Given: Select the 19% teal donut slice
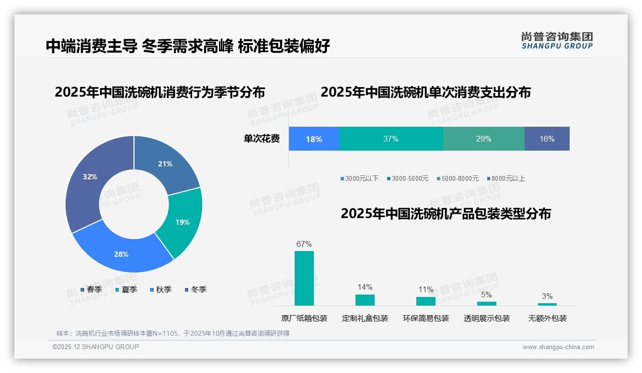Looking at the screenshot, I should coord(182,222).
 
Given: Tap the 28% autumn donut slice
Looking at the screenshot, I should coord(121,254).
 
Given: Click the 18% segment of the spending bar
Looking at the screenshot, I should coord(314,139).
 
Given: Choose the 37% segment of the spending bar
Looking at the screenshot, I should coord(391,139).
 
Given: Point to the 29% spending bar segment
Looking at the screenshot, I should coord(483,139).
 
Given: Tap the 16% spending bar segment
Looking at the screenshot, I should coord(547,139).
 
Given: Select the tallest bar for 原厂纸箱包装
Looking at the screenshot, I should coord(304,278).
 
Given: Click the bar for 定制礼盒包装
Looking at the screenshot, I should coord(365,300).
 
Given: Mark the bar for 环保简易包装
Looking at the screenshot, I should coord(425,301).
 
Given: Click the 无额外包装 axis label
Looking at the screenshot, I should coord(547,318).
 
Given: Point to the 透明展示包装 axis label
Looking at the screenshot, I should coord(486,318).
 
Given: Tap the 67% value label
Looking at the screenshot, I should coord(304,244).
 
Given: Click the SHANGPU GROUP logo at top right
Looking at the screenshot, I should coord(557,41).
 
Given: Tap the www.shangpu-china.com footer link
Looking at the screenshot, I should coord(558,347).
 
